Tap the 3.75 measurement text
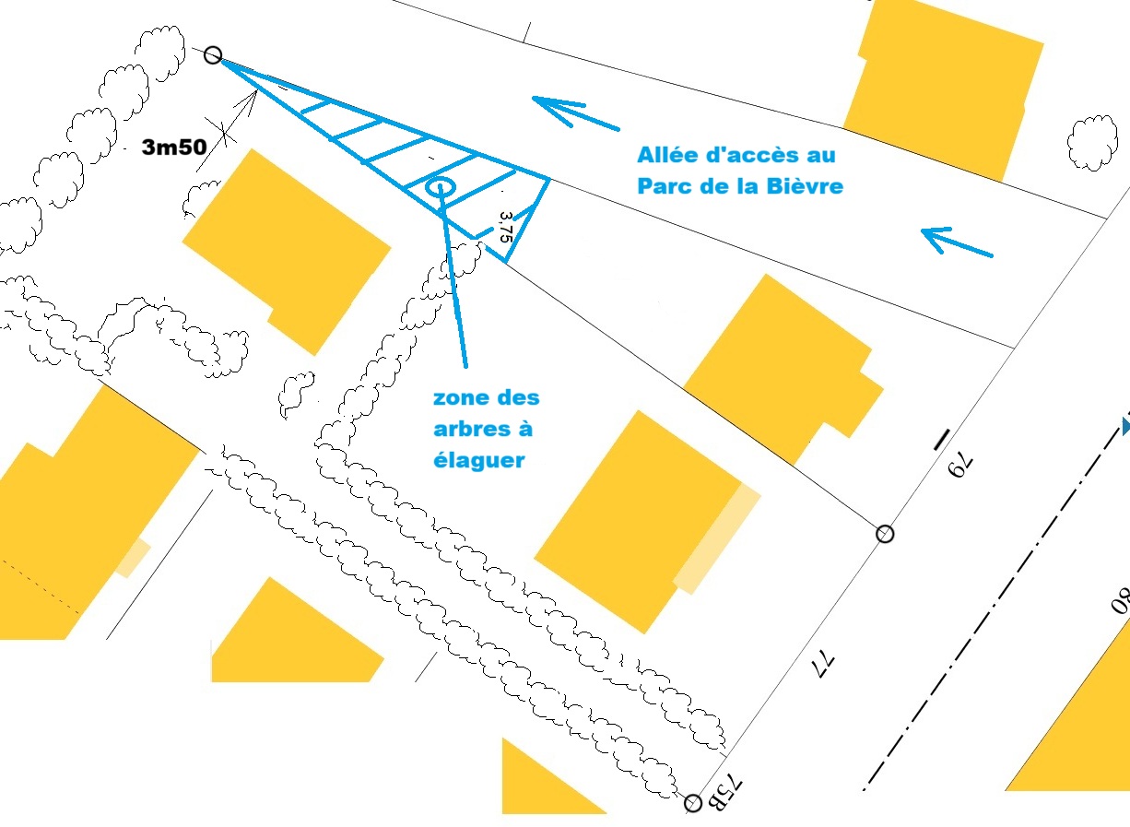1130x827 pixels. click(x=503, y=227)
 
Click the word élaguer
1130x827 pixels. click(x=478, y=460)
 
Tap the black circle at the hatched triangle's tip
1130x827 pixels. click(x=213, y=55)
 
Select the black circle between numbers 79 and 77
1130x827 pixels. click(x=885, y=533)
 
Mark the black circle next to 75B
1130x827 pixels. click(x=694, y=802)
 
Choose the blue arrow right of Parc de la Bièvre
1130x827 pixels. click(x=957, y=242)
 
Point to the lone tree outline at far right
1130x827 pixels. click(x=1092, y=142)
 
